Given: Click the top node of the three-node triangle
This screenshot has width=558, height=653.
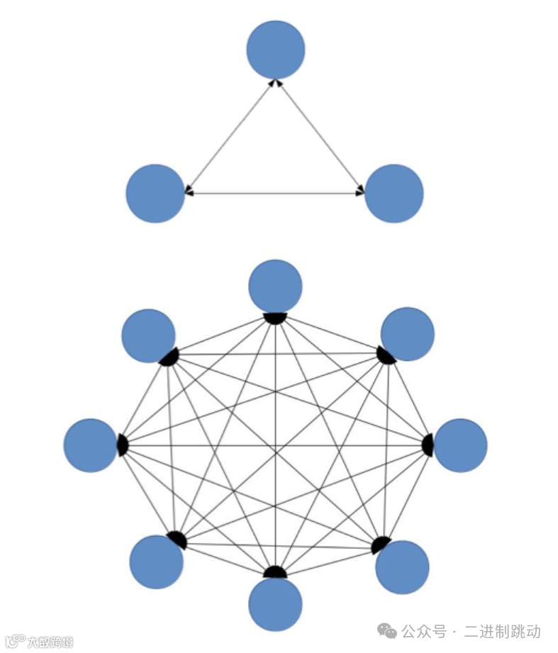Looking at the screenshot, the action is (276, 50).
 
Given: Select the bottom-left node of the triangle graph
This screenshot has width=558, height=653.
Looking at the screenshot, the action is (155, 194).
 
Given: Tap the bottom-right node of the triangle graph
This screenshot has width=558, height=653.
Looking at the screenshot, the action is (394, 194).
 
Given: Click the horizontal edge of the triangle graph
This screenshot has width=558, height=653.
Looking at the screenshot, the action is (274, 193).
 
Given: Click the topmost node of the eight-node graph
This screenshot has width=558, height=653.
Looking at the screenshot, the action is (275, 286).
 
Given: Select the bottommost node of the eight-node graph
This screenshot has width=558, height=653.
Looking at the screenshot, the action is (275, 605).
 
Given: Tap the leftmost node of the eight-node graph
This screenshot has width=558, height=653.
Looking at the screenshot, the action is (90, 445).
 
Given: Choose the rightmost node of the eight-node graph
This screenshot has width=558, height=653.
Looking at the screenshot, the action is (460, 445).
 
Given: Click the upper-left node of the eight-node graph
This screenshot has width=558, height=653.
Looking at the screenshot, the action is (148, 336).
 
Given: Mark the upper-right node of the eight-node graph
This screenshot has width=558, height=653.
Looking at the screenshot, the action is (407, 334).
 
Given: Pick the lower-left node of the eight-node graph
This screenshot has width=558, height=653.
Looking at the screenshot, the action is (156, 562).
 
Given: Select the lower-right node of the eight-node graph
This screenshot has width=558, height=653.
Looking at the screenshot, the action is (402, 567).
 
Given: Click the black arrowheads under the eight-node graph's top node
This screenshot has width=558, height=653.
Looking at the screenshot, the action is (275, 317).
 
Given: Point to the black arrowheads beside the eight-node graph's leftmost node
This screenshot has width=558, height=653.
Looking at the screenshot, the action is (122, 445).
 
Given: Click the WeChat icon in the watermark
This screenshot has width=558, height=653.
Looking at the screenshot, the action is (386, 630).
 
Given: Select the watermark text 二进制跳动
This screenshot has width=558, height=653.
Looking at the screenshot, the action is (502, 631).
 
